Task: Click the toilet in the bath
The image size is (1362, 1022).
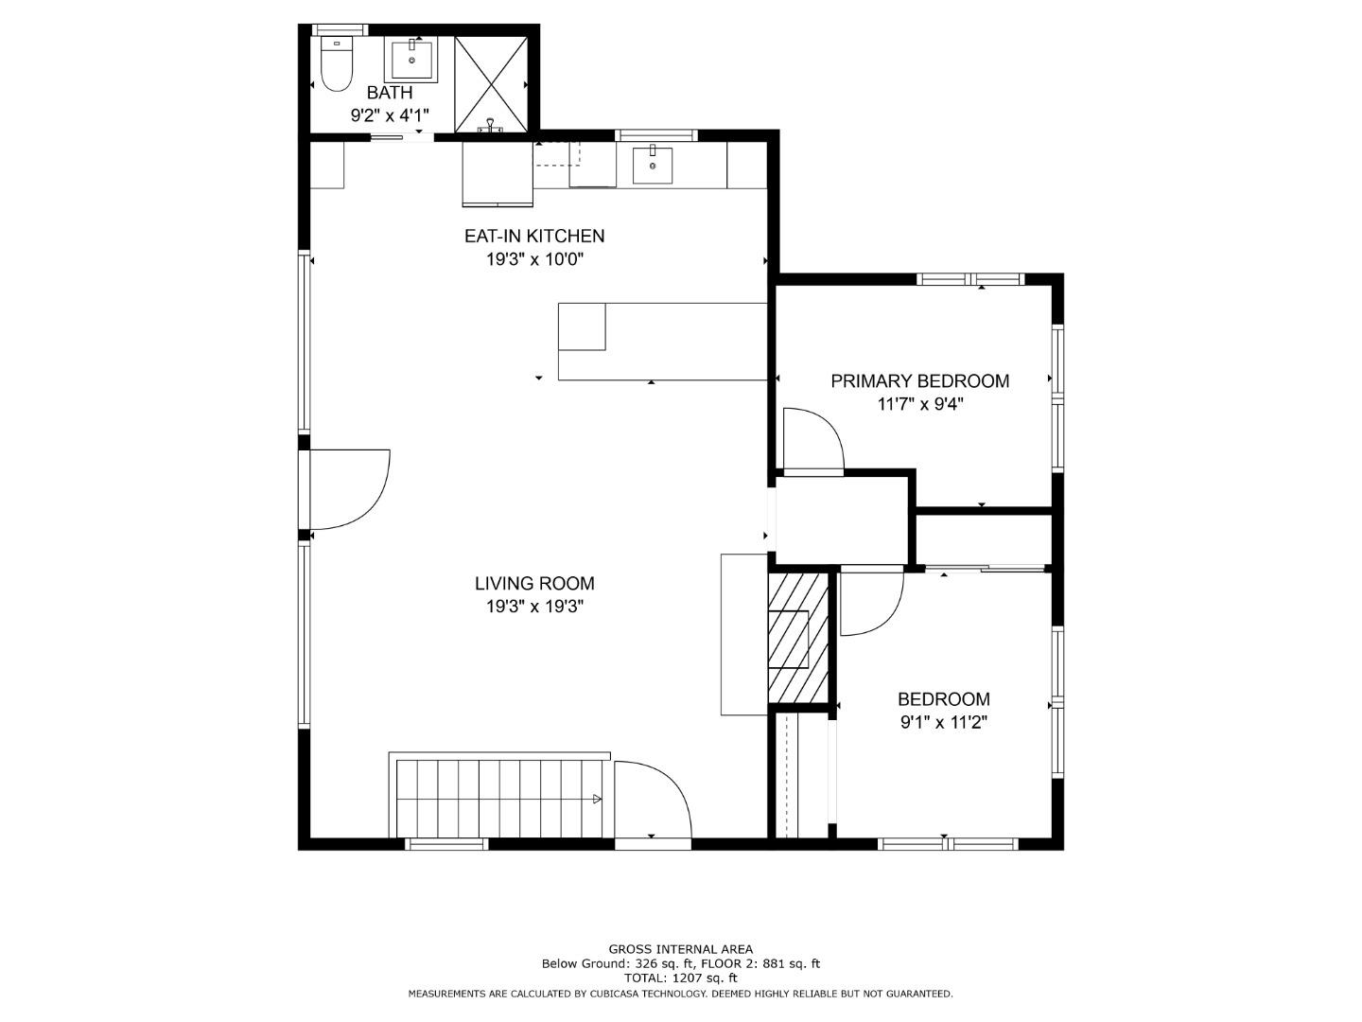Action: pyautogui.click(x=337, y=63)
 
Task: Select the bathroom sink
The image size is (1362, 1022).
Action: pyautogui.click(x=411, y=59)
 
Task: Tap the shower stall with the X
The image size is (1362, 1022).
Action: pyautogui.click(x=491, y=84)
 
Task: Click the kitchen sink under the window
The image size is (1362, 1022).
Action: pyautogui.click(x=652, y=165)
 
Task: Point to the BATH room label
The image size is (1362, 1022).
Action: pyautogui.click(x=390, y=93)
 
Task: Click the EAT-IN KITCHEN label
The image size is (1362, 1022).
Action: pyautogui.click(x=534, y=236)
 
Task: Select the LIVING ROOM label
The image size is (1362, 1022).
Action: pyautogui.click(x=534, y=583)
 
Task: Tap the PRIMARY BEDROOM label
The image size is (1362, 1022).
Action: pyautogui.click(x=919, y=381)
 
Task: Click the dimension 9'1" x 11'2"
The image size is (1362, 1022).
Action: pyautogui.click(x=944, y=722)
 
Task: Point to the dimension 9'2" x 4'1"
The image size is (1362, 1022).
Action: pyautogui.click(x=390, y=115)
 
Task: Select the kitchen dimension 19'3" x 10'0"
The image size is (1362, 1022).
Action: pyautogui.click(x=535, y=258)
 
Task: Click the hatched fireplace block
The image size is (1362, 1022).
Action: pyautogui.click(x=798, y=637)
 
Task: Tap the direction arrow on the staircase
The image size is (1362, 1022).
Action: pyautogui.click(x=597, y=799)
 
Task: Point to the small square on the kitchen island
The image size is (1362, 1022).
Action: pyautogui.click(x=582, y=327)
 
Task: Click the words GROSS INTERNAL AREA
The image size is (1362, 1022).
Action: pyautogui.click(x=681, y=949)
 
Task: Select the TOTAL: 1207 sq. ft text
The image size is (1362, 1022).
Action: pyautogui.click(x=681, y=978)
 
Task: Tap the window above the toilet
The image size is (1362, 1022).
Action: pyautogui.click(x=339, y=29)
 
